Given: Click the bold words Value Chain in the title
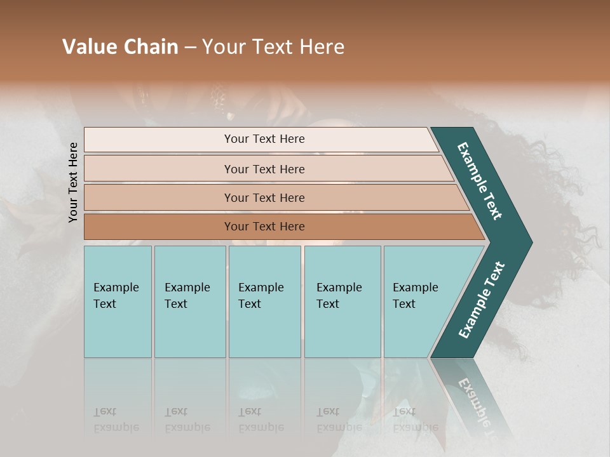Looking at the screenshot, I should [x=120, y=47].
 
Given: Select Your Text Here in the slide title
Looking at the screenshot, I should [x=273, y=47].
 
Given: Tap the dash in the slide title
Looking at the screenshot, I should [x=190, y=48].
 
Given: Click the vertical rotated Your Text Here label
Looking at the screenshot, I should [x=73, y=183].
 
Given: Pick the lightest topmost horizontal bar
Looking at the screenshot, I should [x=264, y=139].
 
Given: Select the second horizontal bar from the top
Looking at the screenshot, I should [x=264, y=169].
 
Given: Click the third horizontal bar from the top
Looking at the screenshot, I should [x=264, y=197].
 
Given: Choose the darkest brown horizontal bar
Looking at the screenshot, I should [x=264, y=227].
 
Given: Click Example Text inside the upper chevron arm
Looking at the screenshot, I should [x=480, y=181].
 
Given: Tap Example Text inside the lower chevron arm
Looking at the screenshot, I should [x=482, y=300].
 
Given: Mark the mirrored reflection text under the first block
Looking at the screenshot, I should [x=116, y=420].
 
